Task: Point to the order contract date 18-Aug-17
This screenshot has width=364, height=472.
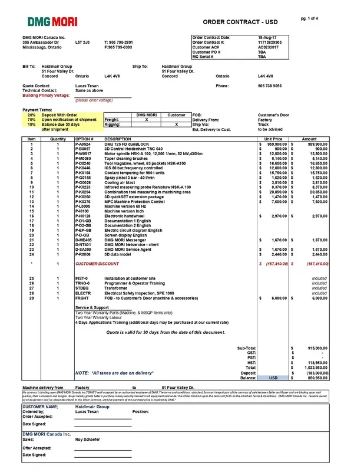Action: (x=267, y=38)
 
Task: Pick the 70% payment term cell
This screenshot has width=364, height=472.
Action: (x=31, y=119)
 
